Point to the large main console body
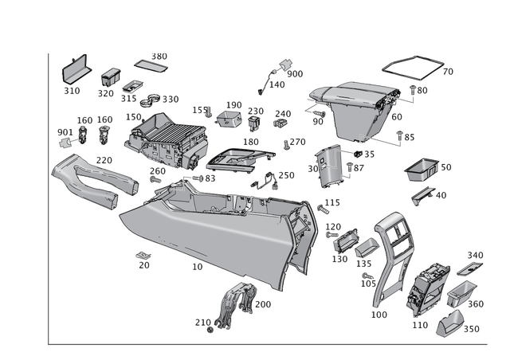coord(215,231)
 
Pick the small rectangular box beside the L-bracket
coord(109,76)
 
